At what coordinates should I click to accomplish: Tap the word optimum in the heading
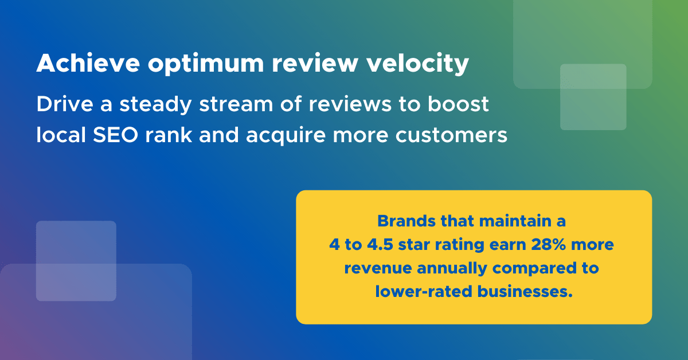coord(206,65)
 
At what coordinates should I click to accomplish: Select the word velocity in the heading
coord(418,64)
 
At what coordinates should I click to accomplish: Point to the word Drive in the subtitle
coord(65,104)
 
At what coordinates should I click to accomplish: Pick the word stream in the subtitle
coord(236,105)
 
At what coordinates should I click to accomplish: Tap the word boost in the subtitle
coord(458,104)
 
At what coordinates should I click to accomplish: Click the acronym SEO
coord(115,135)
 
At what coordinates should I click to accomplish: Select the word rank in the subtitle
coord(169,135)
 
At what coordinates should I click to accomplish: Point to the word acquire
coord(286,136)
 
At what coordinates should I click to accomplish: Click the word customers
coord(451,135)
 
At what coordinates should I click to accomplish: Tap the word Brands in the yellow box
coord(406,221)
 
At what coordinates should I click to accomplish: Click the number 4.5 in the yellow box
coord(380,245)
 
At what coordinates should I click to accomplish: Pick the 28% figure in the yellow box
coord(548,245)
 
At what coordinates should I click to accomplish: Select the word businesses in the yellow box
coord(525,291)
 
